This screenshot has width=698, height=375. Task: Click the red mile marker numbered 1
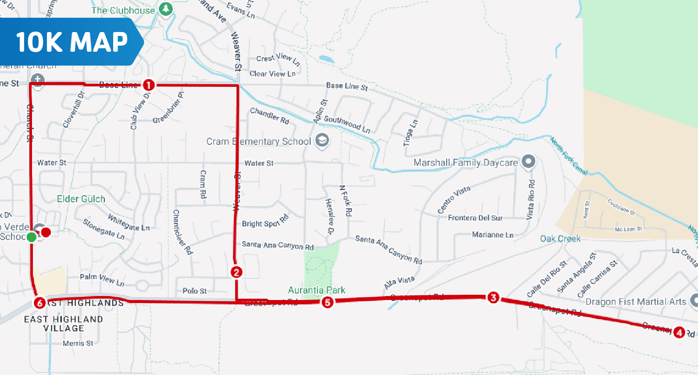pyautogui.click(x=149, y=85)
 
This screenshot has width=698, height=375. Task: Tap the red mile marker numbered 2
pyautogui.click(x=236, y=272)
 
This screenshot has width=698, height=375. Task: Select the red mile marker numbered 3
pyautogui.click(x=493, y=298)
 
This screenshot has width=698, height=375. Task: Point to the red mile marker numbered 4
pyautogui.click(x=679, y=332)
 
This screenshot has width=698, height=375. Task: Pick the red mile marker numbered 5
pyautogui.click(x=327, y=302)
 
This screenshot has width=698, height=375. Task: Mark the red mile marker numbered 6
pyautogui.click(x=39, y=303)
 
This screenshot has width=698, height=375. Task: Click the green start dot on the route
pyautogui.click(x=32, y=237)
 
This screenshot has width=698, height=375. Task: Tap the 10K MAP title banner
pyautogui.click(x=72, y=42)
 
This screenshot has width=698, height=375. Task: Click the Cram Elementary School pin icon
pyautogui.click(x=322, y=140)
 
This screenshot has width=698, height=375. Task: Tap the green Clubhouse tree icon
pyautogui.click(x=165, y=9)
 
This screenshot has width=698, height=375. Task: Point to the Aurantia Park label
pyautogui.click(x=316, y=290)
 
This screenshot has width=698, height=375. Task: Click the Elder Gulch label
pyautogui.click(x=81, y=199)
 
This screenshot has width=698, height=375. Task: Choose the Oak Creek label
pyautogui.click(x=560, y=239)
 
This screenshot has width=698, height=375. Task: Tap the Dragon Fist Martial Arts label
pyautogui.click(x=636, y=302)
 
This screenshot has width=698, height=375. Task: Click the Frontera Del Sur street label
pyautogui.click(x=475, y=218)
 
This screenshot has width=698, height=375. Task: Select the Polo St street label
pyautogui.click(x=194, y=291)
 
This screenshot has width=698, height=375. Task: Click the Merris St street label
pyautogui.click(x=78, y=343)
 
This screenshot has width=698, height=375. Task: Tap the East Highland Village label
pyautogui.click(x=64, y=324)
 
